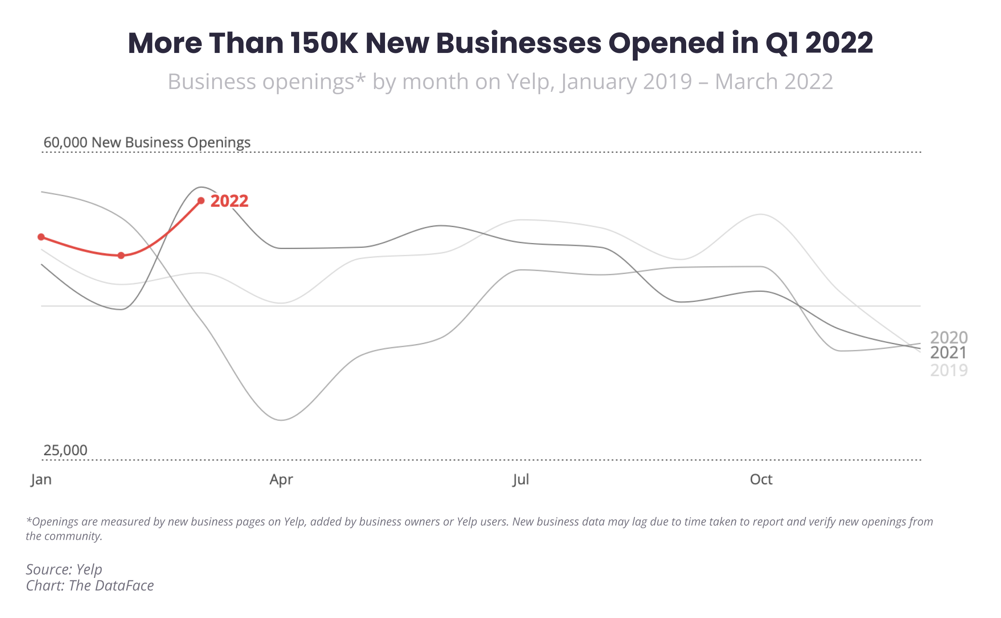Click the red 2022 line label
click(x=229, y=201)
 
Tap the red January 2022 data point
click(x=41, y=237)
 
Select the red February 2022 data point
click(x=121, y=255)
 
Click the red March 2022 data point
click(x=201, y=201)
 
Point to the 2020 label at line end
click(x=948, y=338)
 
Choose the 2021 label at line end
click(x=948, y=353)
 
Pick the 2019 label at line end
click(x=948, y=370)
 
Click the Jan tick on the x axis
click(x=41, y=479)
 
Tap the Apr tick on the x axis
click(x=281, y=479)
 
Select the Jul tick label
click(x=521, y=479)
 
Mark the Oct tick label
click(x=761, y=479)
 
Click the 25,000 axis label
click(x=65, y=450)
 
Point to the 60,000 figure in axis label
click(x=65, y=142)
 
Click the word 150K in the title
click(x=324, y=43)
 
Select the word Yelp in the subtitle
click(x=531, y=81)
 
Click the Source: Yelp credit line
click(x=64, y=569)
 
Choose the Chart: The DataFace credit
click(x=90, y=585)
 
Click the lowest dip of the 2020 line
click(x=282, y=420)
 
